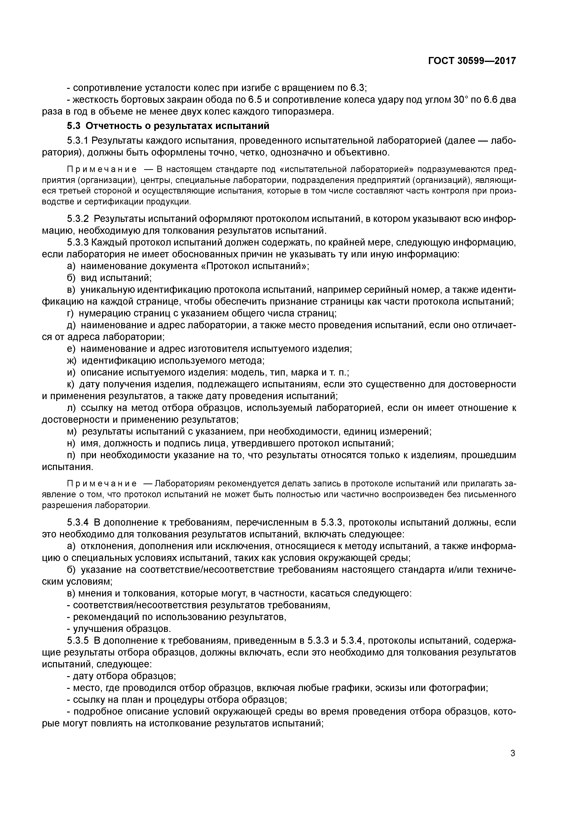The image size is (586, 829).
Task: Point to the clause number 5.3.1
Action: click(78, 140)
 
